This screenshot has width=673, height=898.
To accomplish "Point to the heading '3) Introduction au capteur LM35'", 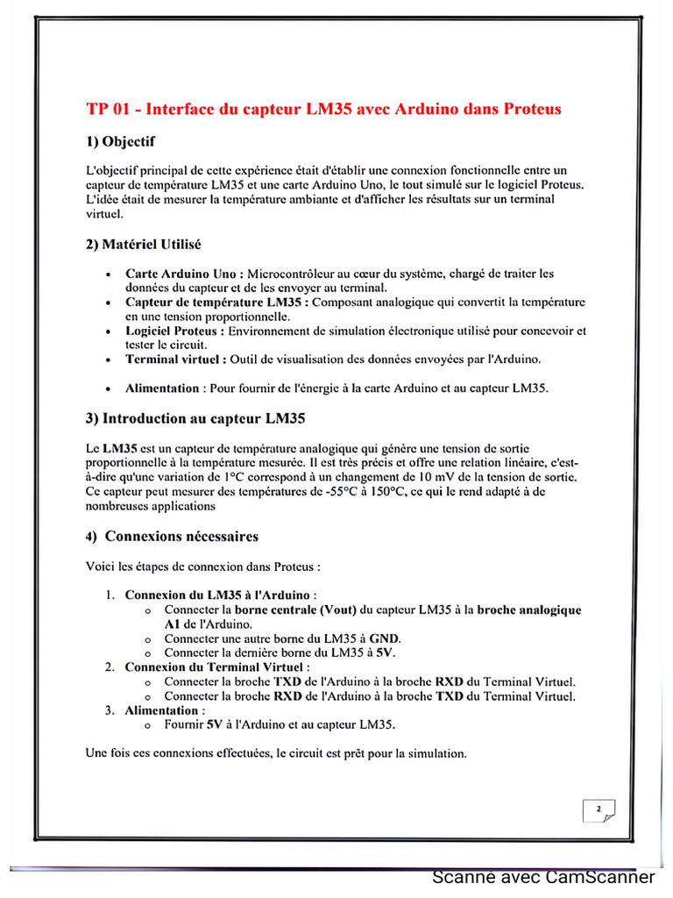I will point(195,418).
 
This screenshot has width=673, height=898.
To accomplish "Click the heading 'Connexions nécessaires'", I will point(181,536).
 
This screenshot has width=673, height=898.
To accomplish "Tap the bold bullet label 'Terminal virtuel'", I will point(175,360).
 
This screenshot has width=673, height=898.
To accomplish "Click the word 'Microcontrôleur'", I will point(292,274).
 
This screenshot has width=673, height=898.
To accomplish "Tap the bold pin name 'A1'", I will point(173,624).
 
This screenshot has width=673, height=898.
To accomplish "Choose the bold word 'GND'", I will point(384,638).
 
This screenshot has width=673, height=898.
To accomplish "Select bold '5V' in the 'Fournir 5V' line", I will point(215,725).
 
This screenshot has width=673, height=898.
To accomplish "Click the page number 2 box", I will point(599,809).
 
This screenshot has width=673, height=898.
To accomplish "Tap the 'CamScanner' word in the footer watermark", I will point(600,878).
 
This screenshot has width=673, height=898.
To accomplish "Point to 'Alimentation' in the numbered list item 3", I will point(161,710).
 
